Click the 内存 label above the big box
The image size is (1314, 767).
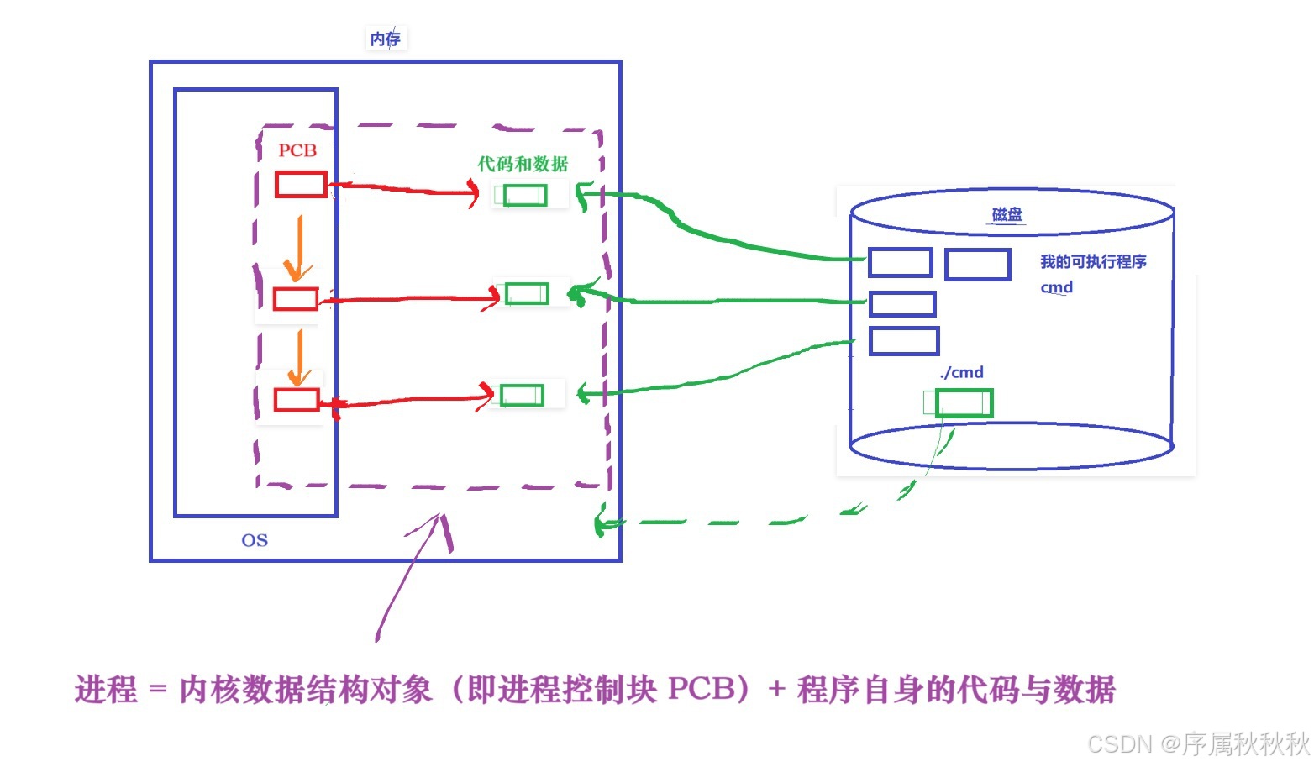[x=386, y=39]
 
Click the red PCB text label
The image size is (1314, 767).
[x=297, y=150]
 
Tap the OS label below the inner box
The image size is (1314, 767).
[x=255, y=540]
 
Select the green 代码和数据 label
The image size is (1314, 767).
[x=523, y=164]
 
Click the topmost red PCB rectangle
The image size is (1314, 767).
[x=301, y=185]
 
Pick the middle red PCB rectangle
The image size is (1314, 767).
[x=296, y=299]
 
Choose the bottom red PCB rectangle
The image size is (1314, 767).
[x=297, y=399]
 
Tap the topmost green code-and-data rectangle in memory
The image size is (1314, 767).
[x=524, y=196]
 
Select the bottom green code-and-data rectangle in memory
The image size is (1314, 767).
[x=522, y=395]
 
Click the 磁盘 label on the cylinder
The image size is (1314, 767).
[x=1007, y=214]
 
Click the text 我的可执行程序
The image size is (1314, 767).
[x=1092, y=261]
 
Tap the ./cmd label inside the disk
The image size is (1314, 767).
[x=961, y=372]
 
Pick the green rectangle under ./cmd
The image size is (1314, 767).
[x=964, y=403]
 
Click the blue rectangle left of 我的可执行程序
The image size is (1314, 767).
[x=977, y=265]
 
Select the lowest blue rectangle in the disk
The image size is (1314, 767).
[x=903, y=341]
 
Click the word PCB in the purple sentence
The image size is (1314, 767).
[x=702, y=690]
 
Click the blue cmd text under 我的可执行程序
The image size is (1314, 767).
[x=1056, y=287]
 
